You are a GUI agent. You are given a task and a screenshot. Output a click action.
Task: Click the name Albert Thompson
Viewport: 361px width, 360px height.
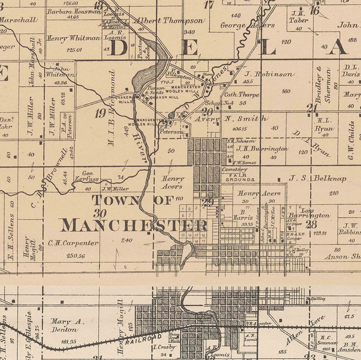click(168, 21)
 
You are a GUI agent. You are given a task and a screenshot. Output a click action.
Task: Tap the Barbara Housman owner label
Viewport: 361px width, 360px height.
click(74, 12)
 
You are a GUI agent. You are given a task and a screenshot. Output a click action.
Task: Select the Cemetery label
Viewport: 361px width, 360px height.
click(234, 170)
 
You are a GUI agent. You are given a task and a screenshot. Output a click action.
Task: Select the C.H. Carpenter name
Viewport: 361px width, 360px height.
click(73, 243)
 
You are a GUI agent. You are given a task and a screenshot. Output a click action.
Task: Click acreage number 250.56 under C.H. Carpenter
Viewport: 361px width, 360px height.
click(76, 256)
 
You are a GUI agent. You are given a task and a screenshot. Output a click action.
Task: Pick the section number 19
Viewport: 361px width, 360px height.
click(100, 113)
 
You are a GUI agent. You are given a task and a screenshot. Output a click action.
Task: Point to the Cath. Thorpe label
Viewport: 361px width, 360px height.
click(241, 95)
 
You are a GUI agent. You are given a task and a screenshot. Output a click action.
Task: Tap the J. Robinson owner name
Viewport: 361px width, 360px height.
click(269, 74)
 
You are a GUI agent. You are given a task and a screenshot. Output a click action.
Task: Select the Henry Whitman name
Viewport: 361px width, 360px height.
click(73, 38)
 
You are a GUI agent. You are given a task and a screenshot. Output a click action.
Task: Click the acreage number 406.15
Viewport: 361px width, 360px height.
click(239, 129)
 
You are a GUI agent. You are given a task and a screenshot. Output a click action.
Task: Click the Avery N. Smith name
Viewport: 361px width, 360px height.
click(231, 119)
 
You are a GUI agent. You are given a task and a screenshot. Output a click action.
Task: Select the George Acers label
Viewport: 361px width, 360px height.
click(247, 25)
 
